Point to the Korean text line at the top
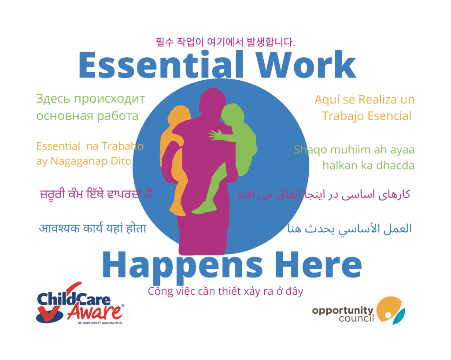(225, 42)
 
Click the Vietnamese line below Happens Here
(225, 292)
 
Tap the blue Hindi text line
(92, 229)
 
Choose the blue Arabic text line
(349, 229)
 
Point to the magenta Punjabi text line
(95, 194)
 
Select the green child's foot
(203, 208)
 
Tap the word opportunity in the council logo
(343, 311)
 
